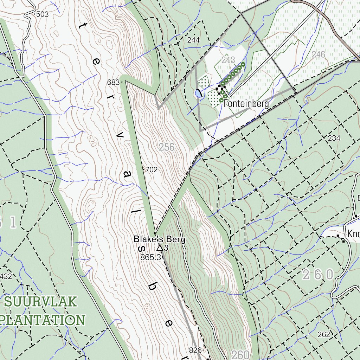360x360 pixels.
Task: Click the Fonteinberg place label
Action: tap(246, 104)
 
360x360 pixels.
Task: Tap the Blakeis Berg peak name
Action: tap(159, 240)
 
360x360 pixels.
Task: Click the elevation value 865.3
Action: tap(150, 257)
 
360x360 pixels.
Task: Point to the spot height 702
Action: tap(151, 170)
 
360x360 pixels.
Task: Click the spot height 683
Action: tap(113, 83)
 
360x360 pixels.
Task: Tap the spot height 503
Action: tap(42, 14)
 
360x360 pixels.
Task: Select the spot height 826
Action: tap(195, 350)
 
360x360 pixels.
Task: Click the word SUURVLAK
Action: tap(41, 302)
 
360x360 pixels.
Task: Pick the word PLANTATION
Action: tap(42, 320)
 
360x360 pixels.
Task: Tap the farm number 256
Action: tap(166, 147)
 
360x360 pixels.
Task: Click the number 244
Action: tap(193, 40)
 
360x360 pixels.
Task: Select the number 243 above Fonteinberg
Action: tap(229, 59)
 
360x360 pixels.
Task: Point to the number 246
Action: tap(318, 54)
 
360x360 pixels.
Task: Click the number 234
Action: tap(334, 138)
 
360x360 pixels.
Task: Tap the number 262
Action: tap(324, 334)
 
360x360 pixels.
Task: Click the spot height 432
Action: tap(6, 276)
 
